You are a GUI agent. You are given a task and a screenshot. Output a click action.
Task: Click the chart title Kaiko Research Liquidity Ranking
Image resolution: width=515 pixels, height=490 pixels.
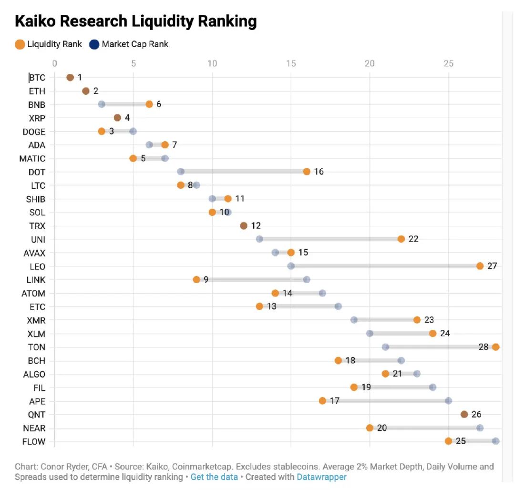click(x=136, y=21)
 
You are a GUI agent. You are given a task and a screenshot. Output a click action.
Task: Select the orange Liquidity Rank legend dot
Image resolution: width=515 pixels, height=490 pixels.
click(x=20, y=44)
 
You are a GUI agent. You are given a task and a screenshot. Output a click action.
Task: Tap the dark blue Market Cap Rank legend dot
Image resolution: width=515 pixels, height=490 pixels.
click(x=94, y=44)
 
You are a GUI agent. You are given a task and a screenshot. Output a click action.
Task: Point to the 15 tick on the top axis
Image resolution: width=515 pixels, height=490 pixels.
click(x=291, y=63)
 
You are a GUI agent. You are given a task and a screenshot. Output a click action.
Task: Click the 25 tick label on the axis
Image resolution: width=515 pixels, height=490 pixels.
click(x=448, y=63)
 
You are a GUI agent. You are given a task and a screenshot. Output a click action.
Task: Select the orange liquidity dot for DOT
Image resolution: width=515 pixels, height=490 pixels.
click(x=307, y=172)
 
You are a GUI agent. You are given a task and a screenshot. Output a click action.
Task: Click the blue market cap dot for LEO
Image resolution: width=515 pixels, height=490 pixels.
click(x=291, y=266)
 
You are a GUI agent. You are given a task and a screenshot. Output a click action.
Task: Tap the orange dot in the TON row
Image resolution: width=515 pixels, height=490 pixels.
click(x=495, y=347)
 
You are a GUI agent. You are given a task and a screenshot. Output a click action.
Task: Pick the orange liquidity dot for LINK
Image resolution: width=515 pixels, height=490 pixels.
click(x=196, y=279)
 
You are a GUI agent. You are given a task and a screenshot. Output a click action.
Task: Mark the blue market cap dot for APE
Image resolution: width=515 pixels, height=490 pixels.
click(x=448, y=401)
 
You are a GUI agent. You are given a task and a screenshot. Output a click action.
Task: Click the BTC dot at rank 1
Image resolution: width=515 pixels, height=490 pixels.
click(x=70, y=77)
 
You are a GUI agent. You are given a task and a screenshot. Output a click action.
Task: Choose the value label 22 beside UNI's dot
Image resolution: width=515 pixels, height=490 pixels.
click(x=413, y=239)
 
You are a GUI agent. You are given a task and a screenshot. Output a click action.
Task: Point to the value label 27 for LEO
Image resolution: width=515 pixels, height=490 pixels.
click(x=492, y=266)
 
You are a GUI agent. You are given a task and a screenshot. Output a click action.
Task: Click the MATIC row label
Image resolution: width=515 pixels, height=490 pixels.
click(x=32, y=158)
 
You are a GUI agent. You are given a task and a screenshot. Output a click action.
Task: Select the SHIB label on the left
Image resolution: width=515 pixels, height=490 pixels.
click(x=36, y=199)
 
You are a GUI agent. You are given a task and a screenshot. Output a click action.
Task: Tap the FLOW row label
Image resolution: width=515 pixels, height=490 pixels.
click(x=34, y=441)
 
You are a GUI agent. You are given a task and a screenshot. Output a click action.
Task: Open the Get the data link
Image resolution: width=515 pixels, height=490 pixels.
click(x=214, y=477)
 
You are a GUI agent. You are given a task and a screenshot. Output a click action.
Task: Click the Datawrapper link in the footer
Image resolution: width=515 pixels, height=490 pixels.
click(x=321, y=477)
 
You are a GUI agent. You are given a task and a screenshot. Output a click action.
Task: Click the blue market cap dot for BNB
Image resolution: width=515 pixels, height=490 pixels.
click(x=102, y=104)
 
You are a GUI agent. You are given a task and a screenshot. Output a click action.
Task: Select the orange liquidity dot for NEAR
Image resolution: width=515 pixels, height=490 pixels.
click(x=370, y=428)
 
